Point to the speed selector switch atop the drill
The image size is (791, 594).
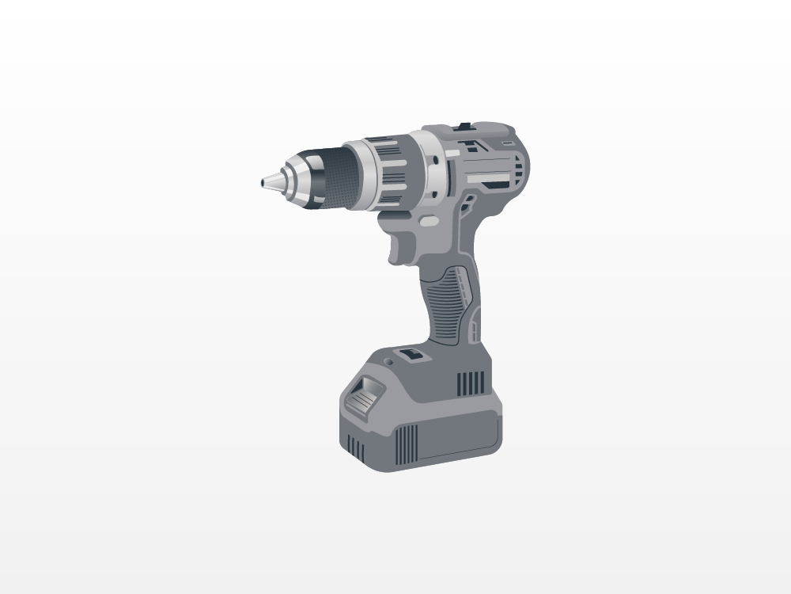click(463, 126)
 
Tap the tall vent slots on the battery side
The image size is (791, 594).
click(407, 444)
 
